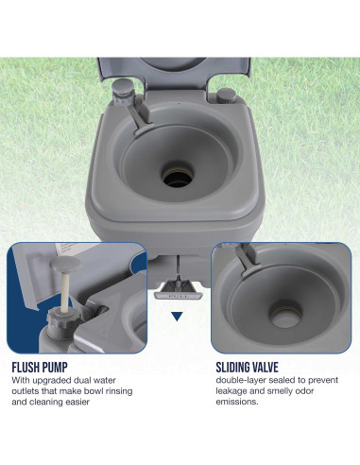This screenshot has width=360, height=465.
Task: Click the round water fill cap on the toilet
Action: (226, 95)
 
